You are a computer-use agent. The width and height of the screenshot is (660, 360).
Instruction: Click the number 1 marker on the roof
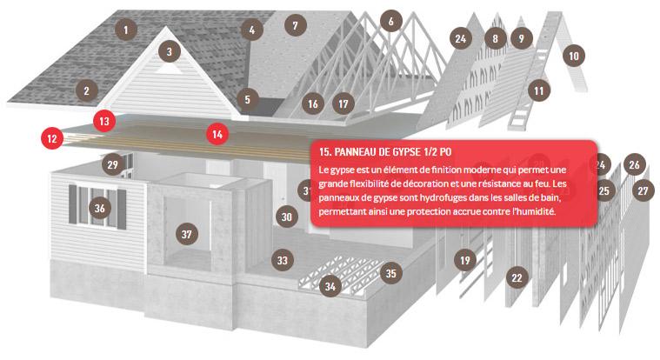(125, 30)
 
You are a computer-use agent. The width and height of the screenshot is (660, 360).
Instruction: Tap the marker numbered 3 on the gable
(170, 51)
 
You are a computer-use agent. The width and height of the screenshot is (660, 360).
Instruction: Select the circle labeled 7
(295, 25)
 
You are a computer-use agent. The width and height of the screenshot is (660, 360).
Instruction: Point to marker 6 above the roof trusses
(390, 21)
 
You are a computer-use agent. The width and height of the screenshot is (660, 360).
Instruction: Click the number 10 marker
(574, 56)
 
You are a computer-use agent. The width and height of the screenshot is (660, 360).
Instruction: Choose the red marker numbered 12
(52, 138)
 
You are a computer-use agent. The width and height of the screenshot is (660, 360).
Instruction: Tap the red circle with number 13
(104, 121)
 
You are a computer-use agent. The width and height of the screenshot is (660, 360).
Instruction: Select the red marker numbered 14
(217, 134)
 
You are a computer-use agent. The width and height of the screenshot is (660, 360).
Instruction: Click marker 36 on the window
(99, 208)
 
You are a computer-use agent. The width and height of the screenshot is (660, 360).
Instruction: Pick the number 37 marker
(186, 234)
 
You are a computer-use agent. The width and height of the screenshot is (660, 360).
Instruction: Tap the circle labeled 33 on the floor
(282, 260)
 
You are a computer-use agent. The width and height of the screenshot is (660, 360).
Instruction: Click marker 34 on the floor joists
(330, 286)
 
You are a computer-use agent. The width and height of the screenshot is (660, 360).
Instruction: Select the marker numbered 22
(517, 277)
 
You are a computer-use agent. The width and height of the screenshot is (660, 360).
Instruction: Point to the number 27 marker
(643, 190)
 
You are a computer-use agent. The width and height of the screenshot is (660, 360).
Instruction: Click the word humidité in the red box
(536, 211)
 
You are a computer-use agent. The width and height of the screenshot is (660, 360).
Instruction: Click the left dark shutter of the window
(73, 204)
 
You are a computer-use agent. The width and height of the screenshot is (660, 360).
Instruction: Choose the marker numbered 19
(464, 260)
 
